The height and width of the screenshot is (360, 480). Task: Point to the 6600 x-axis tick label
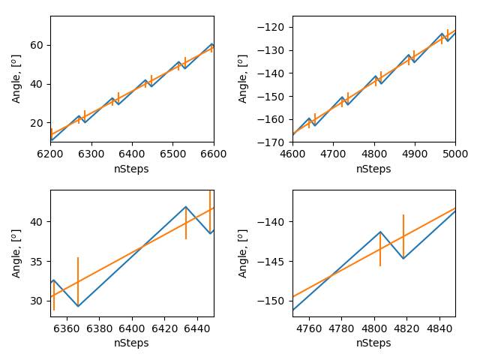pyautogui.click(x=213, y=154)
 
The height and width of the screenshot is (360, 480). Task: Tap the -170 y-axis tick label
pyautogui.click(x=273, y=142)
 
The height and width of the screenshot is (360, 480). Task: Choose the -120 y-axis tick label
pyautogui.click(x=273, y=27)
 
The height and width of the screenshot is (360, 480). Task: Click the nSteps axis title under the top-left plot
pyautogui.click(x=132, y=169)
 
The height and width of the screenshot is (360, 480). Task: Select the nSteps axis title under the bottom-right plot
pyautogui.click(x=373, y=343)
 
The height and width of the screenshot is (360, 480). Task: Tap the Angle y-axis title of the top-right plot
pyautogui.click(x=243, y=79)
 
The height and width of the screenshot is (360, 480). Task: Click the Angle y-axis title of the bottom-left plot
pyautogui.click(x=16, y=253)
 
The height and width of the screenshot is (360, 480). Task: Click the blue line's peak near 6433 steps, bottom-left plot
pyautogui.click(x=186, y=206)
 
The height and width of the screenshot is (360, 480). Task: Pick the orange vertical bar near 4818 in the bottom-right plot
pyautogui.click(x=403, y=236)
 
